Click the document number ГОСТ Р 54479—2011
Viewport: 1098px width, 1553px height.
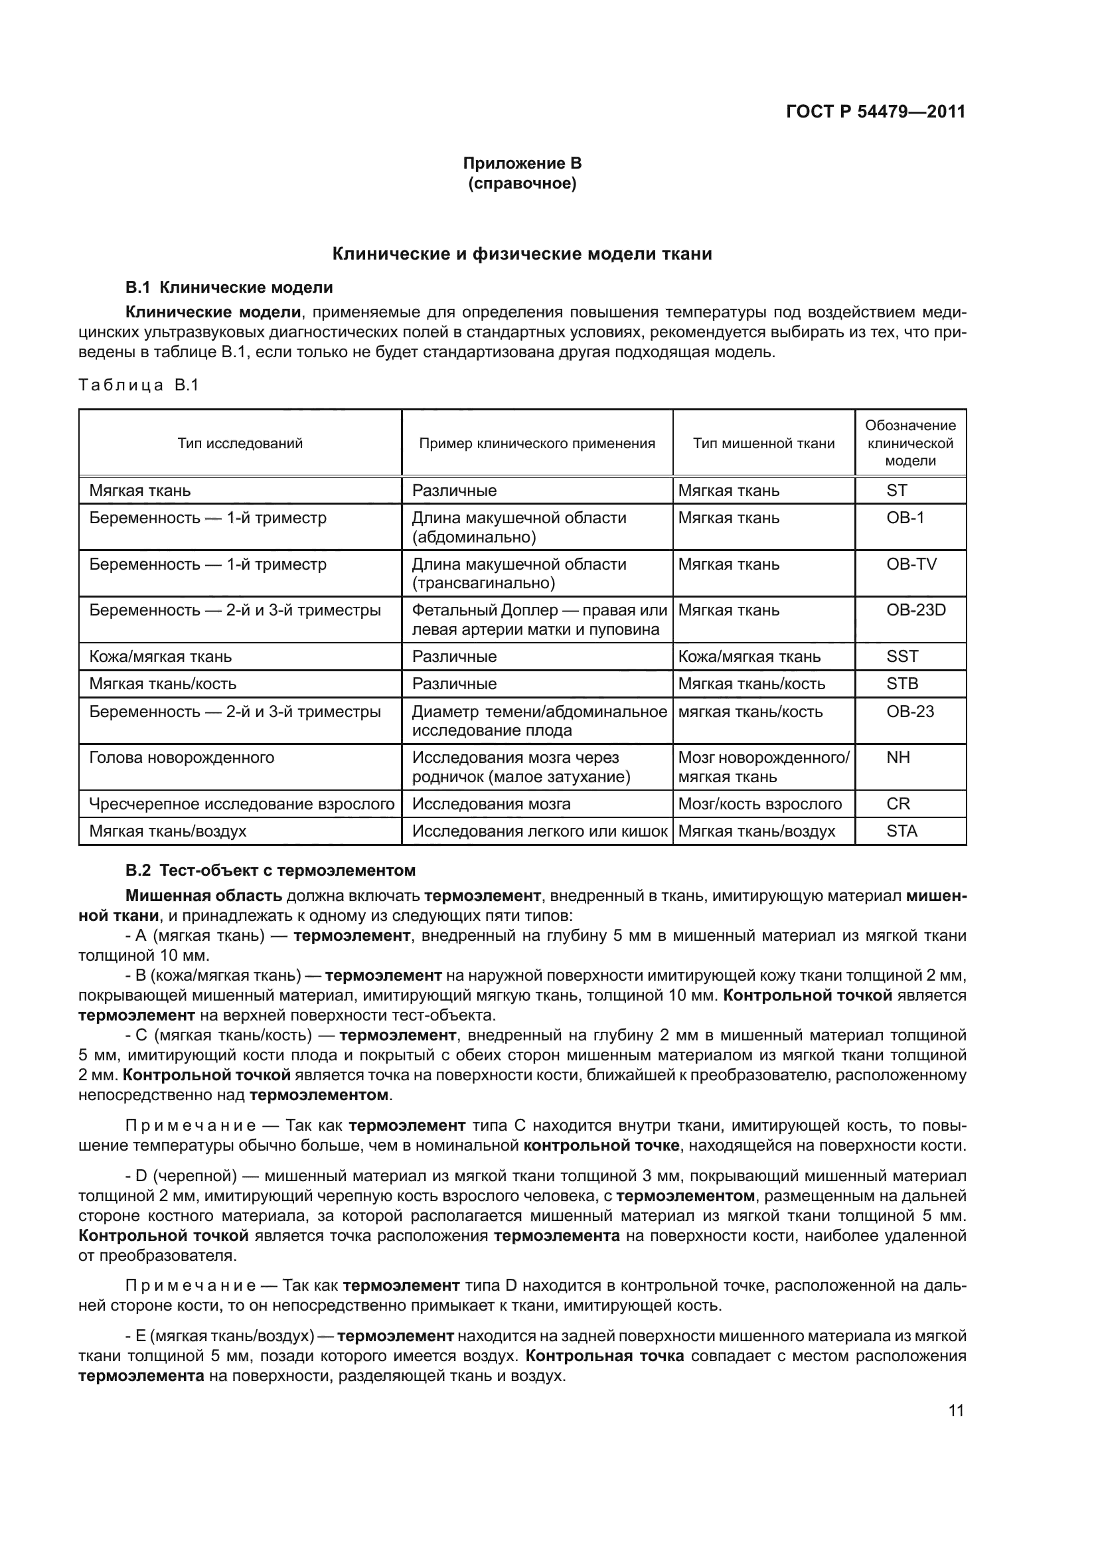tap(876, 112)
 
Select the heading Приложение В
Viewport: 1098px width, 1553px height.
tap(522, 163)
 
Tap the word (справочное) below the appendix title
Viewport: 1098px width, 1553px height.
tap(522, 183)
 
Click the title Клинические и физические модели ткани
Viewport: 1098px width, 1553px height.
tap(522, 254)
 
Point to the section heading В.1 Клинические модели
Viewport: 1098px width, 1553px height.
tap(229, 287)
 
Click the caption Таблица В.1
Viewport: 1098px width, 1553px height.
tap(139, 385)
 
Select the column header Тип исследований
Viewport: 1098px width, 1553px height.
tap(240, 443)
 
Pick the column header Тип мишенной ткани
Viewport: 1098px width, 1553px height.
tap(763, 443)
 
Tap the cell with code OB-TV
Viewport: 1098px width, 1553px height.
tap(911, 564)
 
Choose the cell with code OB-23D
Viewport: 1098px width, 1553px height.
tap(915, 610)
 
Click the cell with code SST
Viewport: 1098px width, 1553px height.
tap(902, 656)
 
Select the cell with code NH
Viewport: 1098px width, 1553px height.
tap(898, 757)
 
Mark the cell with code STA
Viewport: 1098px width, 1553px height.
tap(902, 831)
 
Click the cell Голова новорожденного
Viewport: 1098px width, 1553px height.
tap(182, 757)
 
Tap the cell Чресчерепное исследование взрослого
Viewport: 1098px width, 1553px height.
tap(242, 803)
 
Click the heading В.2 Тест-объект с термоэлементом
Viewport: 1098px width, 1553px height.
tap(270, 870)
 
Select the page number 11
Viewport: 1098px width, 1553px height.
tap(956, 1410)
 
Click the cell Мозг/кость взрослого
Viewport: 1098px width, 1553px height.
tap(760, 803)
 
